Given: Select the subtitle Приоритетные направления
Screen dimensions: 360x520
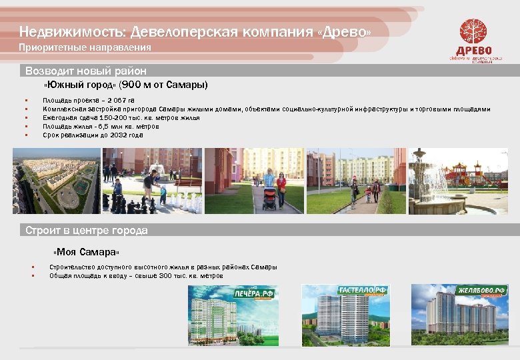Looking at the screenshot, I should tap(85, 48).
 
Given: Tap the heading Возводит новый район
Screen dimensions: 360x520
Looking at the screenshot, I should tap(86, 71).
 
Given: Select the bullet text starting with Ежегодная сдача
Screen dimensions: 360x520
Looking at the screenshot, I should tap(121, 118).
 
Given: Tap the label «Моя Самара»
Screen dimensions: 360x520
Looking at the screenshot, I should tap(87, 253).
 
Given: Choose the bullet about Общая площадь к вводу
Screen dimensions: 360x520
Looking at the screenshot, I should tap(136, 276).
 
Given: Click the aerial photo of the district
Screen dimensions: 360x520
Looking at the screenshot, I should tap(57, 181).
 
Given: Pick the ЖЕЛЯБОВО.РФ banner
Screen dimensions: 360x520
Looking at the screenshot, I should tap(481, 291).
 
